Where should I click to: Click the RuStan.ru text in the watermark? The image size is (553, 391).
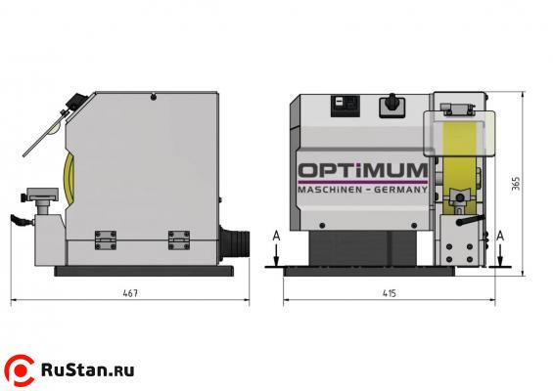tap(89, 369)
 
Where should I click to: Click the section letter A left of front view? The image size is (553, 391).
tap(278, 236)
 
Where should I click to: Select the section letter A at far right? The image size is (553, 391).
tap(501, 236)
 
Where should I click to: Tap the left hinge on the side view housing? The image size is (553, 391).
tap(105, 239)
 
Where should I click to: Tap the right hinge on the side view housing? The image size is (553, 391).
tap(177, 239)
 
